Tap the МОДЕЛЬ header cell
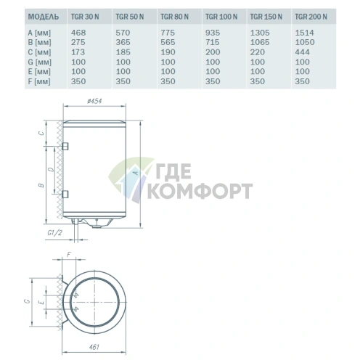coord(27,15)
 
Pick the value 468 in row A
coord(80,33)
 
